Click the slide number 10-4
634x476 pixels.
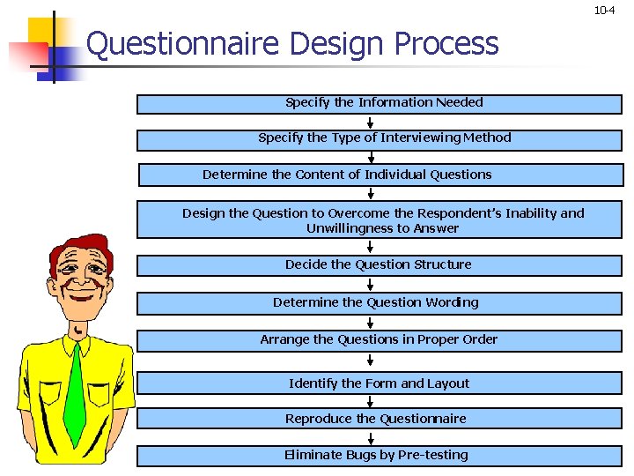click(604, 11)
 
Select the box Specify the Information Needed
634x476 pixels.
click(379, 104)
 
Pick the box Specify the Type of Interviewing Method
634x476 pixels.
click(379, 139)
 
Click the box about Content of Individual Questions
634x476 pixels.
click(379, 175)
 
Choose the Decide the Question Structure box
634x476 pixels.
click(379, 264)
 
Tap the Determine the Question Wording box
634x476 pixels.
click(379, 302)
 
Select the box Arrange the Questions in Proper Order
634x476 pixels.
click(379, 339)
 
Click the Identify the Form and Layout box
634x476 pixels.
click(379, 383)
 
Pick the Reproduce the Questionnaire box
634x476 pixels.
click(379, 419)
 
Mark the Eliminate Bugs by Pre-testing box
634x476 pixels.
click(379, 455)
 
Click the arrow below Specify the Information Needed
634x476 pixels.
click(371, 122)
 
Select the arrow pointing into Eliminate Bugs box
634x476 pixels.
click(371, 437)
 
